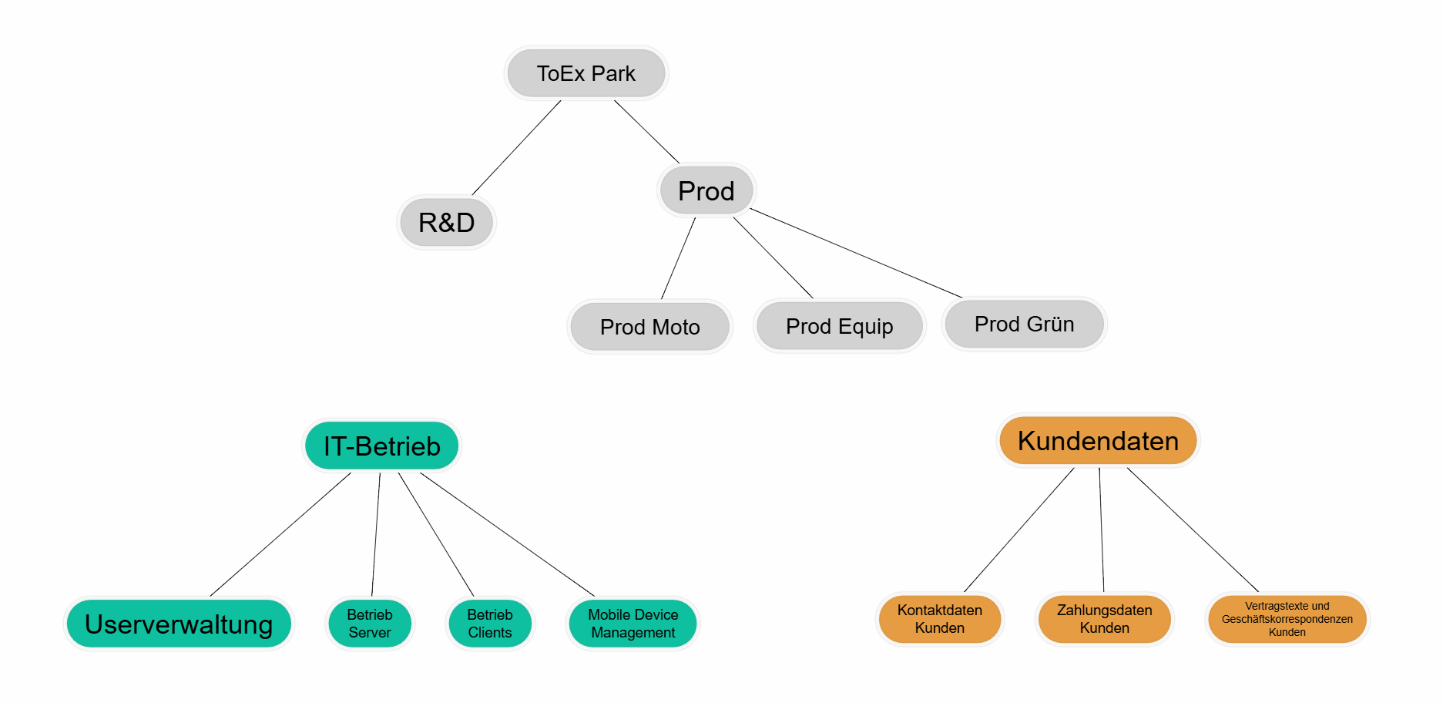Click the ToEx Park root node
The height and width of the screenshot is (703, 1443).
(586, 73)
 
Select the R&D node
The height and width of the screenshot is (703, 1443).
(446, 222)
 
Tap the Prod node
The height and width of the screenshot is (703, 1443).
(706, 190)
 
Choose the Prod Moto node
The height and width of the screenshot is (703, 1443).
(649, 327)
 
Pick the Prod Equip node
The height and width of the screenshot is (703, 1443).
(839, 326)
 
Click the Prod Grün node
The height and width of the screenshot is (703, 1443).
(1024, 324)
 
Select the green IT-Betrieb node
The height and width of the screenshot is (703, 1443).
(381, 446)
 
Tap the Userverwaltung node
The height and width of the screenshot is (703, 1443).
(179, 624)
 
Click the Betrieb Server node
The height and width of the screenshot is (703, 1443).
(370, 624)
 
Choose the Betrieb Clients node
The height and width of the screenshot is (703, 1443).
(490, 624)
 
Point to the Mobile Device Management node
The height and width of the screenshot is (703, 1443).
(633, 624)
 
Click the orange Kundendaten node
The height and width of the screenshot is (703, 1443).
(1098, 441)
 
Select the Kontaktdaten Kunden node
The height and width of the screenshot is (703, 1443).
(939, 619)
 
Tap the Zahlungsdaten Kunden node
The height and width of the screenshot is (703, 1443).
(1104, 619)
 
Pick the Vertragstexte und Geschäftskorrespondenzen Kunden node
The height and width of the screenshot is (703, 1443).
(1287, 619)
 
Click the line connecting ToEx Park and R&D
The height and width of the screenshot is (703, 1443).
(516, 148)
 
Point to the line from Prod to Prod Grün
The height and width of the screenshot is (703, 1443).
(855, 253)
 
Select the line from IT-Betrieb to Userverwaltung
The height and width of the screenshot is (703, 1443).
(280, 534)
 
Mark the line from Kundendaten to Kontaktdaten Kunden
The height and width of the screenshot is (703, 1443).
(1018, 530)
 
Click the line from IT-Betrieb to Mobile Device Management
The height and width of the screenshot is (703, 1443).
(507, 534)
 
